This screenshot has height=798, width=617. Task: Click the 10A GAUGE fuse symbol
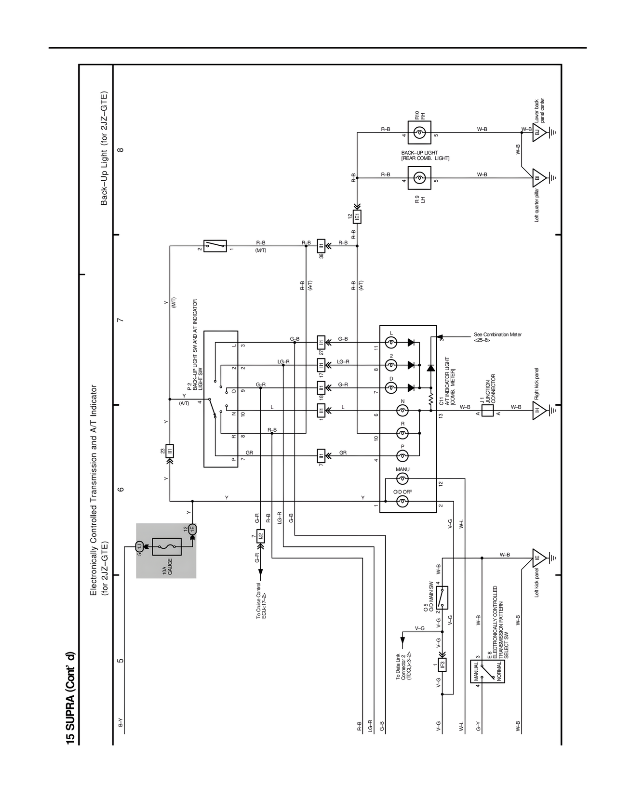pos(167,546)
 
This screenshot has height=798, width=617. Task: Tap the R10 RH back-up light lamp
pos(419,133)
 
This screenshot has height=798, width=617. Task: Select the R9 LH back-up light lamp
pos(419,178)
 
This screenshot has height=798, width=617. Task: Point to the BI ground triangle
pos(539,178)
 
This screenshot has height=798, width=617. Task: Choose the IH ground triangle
pos(539,411)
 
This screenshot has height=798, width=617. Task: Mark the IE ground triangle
pos(539,558)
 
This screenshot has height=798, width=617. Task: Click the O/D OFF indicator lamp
pos(402,502)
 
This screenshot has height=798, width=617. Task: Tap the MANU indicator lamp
pos(402,479)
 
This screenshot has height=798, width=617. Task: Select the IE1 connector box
pos(357,217)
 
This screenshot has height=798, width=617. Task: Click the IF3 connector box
pos(442,665)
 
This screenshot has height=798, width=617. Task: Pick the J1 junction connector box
pos(487,411)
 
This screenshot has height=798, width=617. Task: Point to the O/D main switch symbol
pos(442,598)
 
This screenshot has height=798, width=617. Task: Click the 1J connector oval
pos(139,546)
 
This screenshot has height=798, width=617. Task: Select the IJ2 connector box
pos(260,535)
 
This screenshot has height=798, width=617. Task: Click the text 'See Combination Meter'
pos(497,335)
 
